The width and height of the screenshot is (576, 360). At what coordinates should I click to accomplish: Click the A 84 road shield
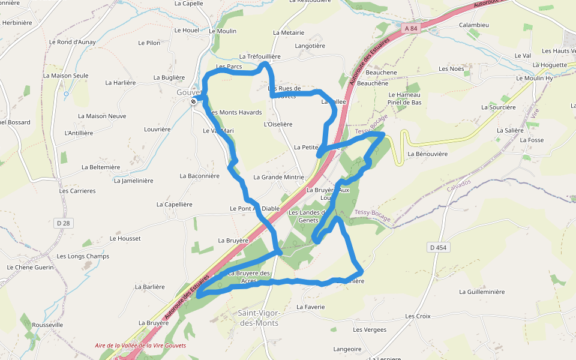410,28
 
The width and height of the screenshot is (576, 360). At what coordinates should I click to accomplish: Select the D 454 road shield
439,247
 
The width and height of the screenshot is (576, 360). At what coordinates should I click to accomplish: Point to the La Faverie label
311,307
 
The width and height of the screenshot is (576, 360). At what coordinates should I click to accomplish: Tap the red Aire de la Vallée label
140,346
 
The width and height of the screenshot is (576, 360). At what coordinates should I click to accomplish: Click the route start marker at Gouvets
194,101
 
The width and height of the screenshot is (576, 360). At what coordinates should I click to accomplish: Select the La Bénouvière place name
428,154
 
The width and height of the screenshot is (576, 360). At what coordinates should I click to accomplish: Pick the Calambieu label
474,25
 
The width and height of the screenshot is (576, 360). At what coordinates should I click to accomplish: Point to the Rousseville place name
48,325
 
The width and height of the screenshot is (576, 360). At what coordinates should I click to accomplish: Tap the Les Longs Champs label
83,256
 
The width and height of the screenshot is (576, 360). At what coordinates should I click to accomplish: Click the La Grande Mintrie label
278,177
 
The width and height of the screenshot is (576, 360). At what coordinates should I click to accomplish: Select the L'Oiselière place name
278,124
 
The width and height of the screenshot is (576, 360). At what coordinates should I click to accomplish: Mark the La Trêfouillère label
260,56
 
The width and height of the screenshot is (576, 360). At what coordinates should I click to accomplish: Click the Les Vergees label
370,329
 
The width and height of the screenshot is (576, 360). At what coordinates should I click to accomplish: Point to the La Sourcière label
499,107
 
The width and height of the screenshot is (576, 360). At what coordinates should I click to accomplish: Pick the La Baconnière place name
199,176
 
